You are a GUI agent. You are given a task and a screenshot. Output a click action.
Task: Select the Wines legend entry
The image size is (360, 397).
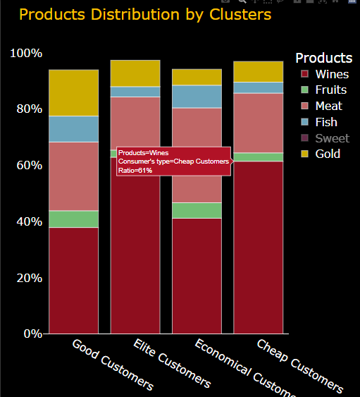331,74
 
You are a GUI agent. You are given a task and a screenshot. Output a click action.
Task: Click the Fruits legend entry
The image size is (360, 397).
330,90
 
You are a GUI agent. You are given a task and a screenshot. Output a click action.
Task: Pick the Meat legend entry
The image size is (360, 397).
328,106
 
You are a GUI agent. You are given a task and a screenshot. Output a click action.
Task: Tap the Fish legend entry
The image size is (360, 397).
326,122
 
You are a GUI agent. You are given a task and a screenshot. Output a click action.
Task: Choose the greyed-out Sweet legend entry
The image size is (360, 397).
331,138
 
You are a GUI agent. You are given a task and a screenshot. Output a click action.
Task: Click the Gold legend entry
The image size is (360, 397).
328,154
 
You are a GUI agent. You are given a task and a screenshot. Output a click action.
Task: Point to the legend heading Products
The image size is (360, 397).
323,58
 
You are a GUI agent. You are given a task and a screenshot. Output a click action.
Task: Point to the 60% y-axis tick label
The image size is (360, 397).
29,165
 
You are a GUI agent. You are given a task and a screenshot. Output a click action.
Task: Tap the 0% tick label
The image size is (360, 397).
32,334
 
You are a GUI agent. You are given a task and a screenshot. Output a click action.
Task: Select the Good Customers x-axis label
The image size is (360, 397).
113,364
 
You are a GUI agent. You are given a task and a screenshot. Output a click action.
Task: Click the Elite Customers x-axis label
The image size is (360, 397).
172,363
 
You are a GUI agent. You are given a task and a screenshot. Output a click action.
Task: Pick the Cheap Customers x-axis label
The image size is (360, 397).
299,366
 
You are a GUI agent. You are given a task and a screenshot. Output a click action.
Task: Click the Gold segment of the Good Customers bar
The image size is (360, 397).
73,92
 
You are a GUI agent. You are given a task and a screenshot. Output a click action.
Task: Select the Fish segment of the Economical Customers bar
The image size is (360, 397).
197,97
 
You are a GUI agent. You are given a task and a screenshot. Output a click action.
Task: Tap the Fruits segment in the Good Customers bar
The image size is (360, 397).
73,219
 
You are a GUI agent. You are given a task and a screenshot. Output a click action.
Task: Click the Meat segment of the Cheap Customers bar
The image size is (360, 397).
258,123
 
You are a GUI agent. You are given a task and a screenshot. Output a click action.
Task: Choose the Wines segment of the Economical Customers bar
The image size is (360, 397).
197,275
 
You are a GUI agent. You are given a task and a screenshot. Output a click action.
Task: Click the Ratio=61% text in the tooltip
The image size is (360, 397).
135,171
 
